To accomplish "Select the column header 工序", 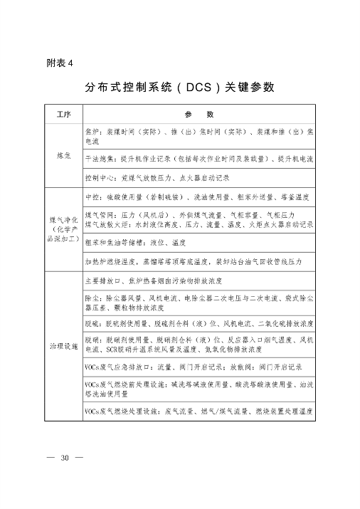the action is pyautogui.click(x=63, y=115).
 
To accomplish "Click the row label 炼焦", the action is pyautogui.click(x=63, y=155).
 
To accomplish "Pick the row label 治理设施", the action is pyautogui.click(x=63, y=345).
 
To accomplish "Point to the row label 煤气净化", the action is pyautogui.click(x=63, y=214).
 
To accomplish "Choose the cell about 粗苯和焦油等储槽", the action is pyautogui.click(x=136, y=242).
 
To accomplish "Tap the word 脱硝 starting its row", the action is pyautogui.click(x=91, y=340).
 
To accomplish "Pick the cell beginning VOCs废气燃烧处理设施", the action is pyautogui.click(x=198, y=411).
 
